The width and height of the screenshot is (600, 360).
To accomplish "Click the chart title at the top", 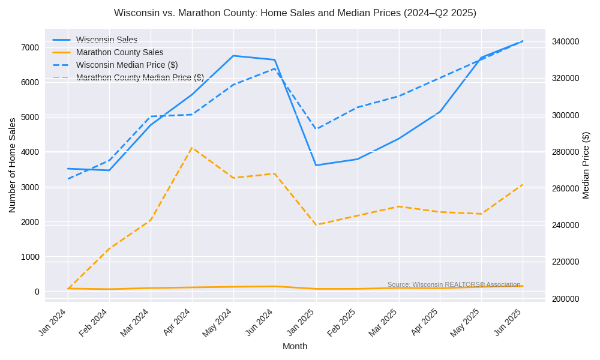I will (295, 13).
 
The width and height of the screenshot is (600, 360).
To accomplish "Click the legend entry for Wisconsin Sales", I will (106, 40).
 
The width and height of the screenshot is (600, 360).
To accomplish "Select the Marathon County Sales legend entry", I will (119, 52).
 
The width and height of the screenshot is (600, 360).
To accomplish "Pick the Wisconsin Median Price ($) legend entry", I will (127, 65).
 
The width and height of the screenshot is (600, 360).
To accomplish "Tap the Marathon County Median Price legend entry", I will (140, 77).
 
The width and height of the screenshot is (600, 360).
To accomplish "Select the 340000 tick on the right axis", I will (566, 41).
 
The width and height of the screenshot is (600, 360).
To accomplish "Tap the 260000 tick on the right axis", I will (566, 188).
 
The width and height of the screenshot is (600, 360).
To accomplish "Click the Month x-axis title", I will (295, 346).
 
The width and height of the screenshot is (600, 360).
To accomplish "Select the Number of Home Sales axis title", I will (13, 165).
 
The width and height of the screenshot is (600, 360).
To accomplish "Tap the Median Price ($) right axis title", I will (586, 165).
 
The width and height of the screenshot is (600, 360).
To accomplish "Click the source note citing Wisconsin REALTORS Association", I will (454, 284).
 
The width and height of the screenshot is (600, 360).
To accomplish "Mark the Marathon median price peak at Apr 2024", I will (192, 148).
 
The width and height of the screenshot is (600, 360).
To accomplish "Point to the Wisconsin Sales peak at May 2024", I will (233, 56).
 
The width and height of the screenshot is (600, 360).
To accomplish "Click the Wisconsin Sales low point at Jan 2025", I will (316, 165).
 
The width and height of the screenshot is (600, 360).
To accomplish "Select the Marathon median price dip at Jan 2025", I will (316, 225).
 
